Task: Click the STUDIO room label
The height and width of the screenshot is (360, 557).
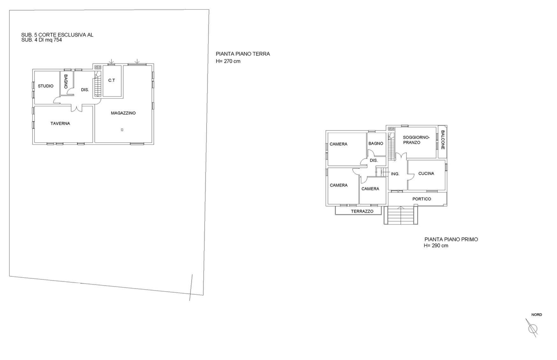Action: (x=46, y=86)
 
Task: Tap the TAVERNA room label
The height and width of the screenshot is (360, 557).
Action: (x=60, y=123)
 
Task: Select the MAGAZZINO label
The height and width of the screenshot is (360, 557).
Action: (x=123, y=113)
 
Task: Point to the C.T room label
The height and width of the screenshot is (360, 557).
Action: (x=111, y=80)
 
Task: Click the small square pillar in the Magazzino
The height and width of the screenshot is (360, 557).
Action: (x=122, y=130)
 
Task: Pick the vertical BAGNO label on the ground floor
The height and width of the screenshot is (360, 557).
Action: (x=66, y=81)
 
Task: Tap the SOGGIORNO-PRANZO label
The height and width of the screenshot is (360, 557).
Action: (x=416, y=140)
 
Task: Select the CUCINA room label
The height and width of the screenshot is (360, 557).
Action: (x=426, y=173)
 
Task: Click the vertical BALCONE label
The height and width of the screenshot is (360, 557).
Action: (x=443, y=140)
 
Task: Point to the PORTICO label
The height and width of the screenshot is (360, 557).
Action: (x=422, y=199)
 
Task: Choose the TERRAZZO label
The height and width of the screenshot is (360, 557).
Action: (x=362, y=211)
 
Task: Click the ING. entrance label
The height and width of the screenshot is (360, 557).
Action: (x=395, y=174)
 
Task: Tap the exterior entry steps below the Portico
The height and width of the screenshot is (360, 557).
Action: (x=401, y=215)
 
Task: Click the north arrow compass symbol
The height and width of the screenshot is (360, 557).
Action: (x=532, y=328)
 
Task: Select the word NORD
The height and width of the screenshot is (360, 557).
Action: (x=537, y=315)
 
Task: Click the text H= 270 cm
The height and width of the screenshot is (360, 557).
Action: (x=228, y=61)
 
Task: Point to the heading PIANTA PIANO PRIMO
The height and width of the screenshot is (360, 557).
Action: (x=451, y=239)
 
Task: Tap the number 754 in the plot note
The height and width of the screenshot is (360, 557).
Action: (x=58, y=40)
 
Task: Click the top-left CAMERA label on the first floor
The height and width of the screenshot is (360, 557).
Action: (x=338, y=144)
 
